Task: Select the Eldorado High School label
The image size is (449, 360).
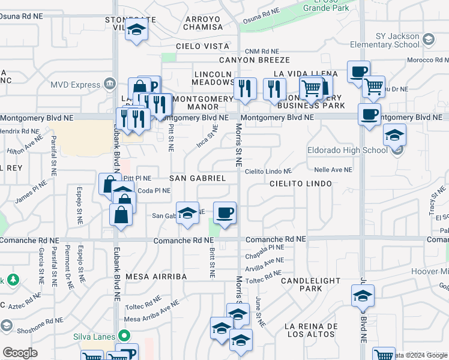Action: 348,150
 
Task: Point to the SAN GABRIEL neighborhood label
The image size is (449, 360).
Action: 197,178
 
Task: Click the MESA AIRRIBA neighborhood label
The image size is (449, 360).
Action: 156,277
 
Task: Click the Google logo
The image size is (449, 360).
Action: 20,353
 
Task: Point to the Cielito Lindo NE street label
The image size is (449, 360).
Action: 268,171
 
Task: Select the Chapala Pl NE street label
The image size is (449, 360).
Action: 268,247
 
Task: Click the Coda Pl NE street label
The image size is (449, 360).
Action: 154,191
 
